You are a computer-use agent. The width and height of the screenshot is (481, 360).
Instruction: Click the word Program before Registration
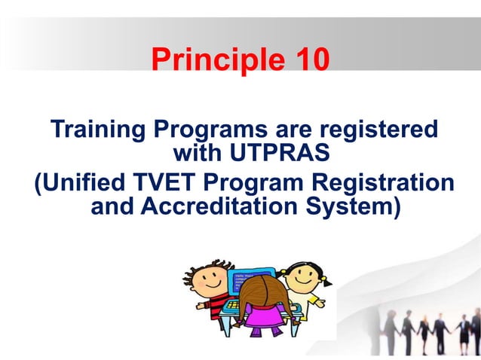tap(273, 183)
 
